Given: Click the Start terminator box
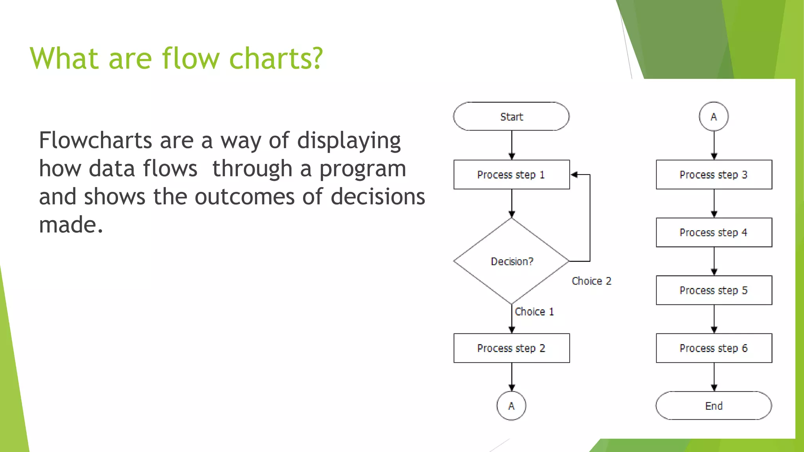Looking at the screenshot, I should click(x=511, y=117).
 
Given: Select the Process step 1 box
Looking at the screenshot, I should click(x=511, y=175).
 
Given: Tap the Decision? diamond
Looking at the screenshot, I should click(x=511, y=261).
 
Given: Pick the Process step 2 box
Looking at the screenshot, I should click(x=511, y=348).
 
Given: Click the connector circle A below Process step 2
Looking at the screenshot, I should click(x=511, y=406).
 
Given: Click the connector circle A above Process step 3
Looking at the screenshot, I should click(x=714, y=117).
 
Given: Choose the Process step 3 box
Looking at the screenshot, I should click(x=714, y=175).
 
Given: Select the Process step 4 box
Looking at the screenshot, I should click(x=714, y=232).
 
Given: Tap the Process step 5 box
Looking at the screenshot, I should click(x=714, y=290).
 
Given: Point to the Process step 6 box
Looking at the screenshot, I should click(x=714, y=348).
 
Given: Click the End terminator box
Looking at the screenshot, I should click(x=714, y=406).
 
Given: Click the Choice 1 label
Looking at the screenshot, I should click(x=534, y=312).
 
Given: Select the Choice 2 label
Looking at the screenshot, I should click(x=591, y=281).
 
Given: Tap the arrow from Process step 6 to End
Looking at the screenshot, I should click(x=714, y=377).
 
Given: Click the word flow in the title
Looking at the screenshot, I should click(x=190, y=58).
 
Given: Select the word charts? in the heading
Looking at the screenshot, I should click(x=276, y=58).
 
